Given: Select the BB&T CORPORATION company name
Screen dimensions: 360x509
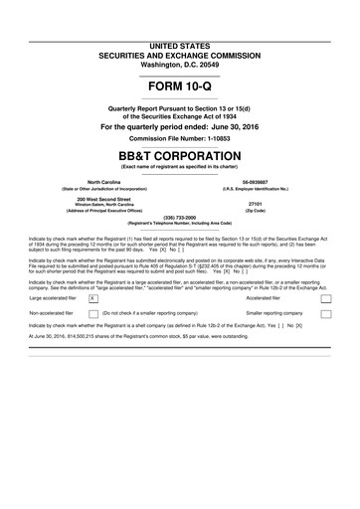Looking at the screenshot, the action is [x=179, y=158].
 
